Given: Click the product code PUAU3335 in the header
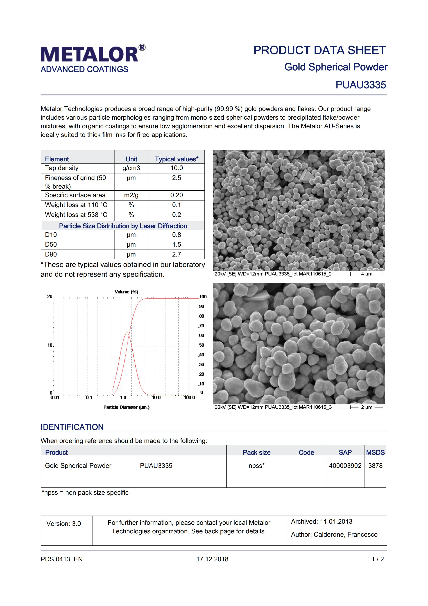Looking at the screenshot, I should (x=361, y=85).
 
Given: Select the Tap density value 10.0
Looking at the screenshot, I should (x=176, y=168).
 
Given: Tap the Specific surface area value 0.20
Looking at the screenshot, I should (x=176, y=195).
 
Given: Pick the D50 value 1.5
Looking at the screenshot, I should (x=176, y=245).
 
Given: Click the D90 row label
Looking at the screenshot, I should (x=51, y=254).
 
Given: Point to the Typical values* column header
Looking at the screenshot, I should (x=176, y=159).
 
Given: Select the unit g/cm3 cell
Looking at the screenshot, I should (x=131, y=168).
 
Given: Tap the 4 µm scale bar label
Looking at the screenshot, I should (x=367, y=274).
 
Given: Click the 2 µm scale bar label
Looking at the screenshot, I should (x=367, y=407).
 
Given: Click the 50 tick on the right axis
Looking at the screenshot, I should (x=202, y=345).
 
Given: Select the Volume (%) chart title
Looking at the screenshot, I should (x=126, y=292).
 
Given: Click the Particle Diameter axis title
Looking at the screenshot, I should (x=126, y=407).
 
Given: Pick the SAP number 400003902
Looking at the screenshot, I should (x=345, y=466).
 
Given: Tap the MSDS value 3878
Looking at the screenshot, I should (x=375, y=466).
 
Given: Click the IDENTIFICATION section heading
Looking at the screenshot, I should (x=72, y=427).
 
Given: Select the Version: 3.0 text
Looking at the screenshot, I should (x=64, y=524).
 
